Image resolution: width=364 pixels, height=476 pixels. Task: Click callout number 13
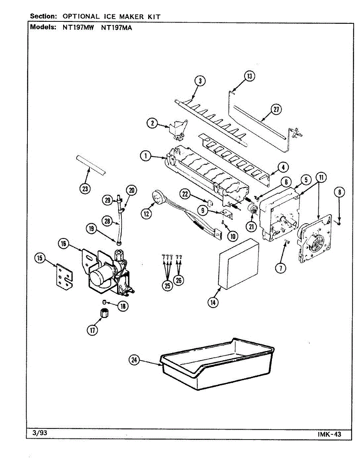249,76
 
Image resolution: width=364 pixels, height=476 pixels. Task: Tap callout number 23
85,188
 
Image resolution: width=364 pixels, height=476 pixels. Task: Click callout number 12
146,213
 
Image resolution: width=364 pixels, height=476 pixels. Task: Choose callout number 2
152,123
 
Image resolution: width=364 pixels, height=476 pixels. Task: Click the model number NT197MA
117,28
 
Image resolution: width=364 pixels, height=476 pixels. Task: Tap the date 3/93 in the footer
39,433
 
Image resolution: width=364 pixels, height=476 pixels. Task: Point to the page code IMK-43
329,434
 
